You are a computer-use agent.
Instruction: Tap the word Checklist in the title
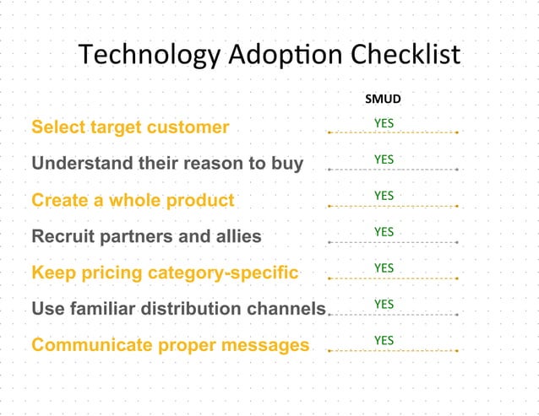[405, 55]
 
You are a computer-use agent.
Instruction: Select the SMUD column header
[383, 99]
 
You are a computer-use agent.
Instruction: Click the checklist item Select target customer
[130, 127]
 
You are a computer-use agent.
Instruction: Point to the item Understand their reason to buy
[167, 164]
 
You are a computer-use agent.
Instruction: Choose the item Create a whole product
[133, 200]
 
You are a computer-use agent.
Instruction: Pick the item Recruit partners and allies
[146, 236]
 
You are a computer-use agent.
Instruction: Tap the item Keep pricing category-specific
[165, 273]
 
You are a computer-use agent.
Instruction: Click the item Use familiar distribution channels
[178, 309]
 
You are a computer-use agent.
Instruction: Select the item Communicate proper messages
[170, 345]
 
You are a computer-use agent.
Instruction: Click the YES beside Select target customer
[384, 123]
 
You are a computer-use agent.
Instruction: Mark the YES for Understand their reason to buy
[384, 159]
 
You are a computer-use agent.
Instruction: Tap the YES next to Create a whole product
[384, 196]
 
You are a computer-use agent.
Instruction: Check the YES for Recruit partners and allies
[384, 231]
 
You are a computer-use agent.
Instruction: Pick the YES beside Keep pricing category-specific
[384, 267]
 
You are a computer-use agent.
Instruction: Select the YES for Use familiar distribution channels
[384, 304]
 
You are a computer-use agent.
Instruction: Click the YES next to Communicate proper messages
[384, 340]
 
